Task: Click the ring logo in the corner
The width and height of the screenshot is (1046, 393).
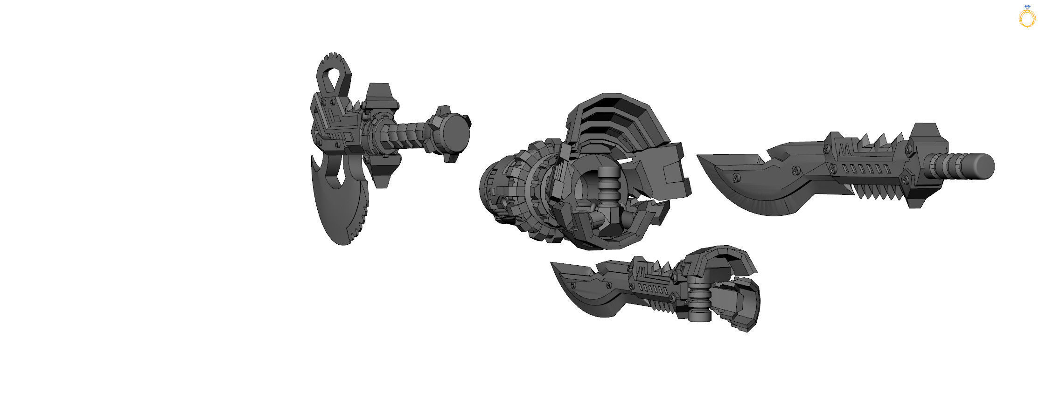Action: click(1027, 17)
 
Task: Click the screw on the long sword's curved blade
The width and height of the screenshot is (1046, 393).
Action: click(736, 177)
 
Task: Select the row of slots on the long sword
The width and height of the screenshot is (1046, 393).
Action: click(863, 169)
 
